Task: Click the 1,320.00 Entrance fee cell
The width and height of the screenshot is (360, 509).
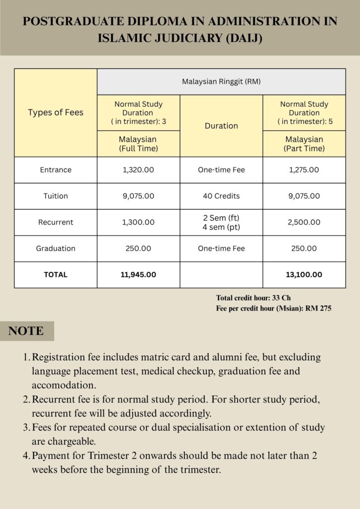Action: tap(138, 170)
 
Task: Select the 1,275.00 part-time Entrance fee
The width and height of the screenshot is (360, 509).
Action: tap(304, 170)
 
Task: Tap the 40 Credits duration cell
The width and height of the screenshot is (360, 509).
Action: tap(221, 196)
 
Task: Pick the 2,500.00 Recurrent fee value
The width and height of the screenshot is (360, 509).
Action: tap(304, 222)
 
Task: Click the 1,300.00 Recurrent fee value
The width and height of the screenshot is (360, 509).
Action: tap(138, 222)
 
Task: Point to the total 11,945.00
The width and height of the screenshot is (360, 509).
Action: tap(138, 274)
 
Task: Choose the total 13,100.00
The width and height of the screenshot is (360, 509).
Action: tap(304, 274)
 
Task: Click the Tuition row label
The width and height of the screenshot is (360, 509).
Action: tap(56, 196)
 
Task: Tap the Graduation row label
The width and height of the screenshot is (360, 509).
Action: tap(56, 249)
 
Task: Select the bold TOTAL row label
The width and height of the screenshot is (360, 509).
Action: tap(56, 274)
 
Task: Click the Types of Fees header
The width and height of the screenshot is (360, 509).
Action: tap(56, 112)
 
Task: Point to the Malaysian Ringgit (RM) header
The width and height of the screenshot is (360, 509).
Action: tap(221, 82)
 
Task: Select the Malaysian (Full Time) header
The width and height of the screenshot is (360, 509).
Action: tap(138, 144)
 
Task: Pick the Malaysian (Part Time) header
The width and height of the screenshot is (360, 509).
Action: tap(304, 144)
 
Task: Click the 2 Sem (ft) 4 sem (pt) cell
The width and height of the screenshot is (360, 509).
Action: tap(221, 222)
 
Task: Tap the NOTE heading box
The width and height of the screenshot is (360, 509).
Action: tap(26, 331)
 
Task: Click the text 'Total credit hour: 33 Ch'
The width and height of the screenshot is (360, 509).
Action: tap(253, 298)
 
